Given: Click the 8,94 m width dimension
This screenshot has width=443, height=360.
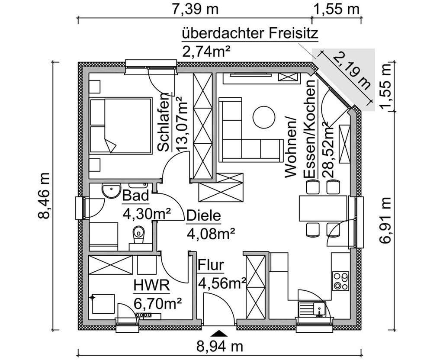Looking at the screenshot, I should point(220,347).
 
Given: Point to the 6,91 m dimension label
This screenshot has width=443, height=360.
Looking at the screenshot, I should point(386,221).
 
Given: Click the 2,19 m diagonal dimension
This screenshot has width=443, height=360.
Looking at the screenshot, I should point(352,74).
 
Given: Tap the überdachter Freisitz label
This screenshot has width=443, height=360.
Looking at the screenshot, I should point(250,33).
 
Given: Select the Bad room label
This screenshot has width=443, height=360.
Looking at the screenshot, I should point(135,196).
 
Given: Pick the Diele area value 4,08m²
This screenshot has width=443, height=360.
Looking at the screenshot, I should point(211,234).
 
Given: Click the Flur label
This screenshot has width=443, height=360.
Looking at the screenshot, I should point(211,265).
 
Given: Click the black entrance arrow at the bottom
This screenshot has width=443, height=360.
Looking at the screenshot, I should point(220,333).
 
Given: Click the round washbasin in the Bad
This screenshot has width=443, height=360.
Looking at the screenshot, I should point(112,190).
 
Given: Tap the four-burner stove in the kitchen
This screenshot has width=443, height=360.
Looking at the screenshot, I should point(340,280).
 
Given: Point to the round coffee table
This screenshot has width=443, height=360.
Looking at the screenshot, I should point(264,117).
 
